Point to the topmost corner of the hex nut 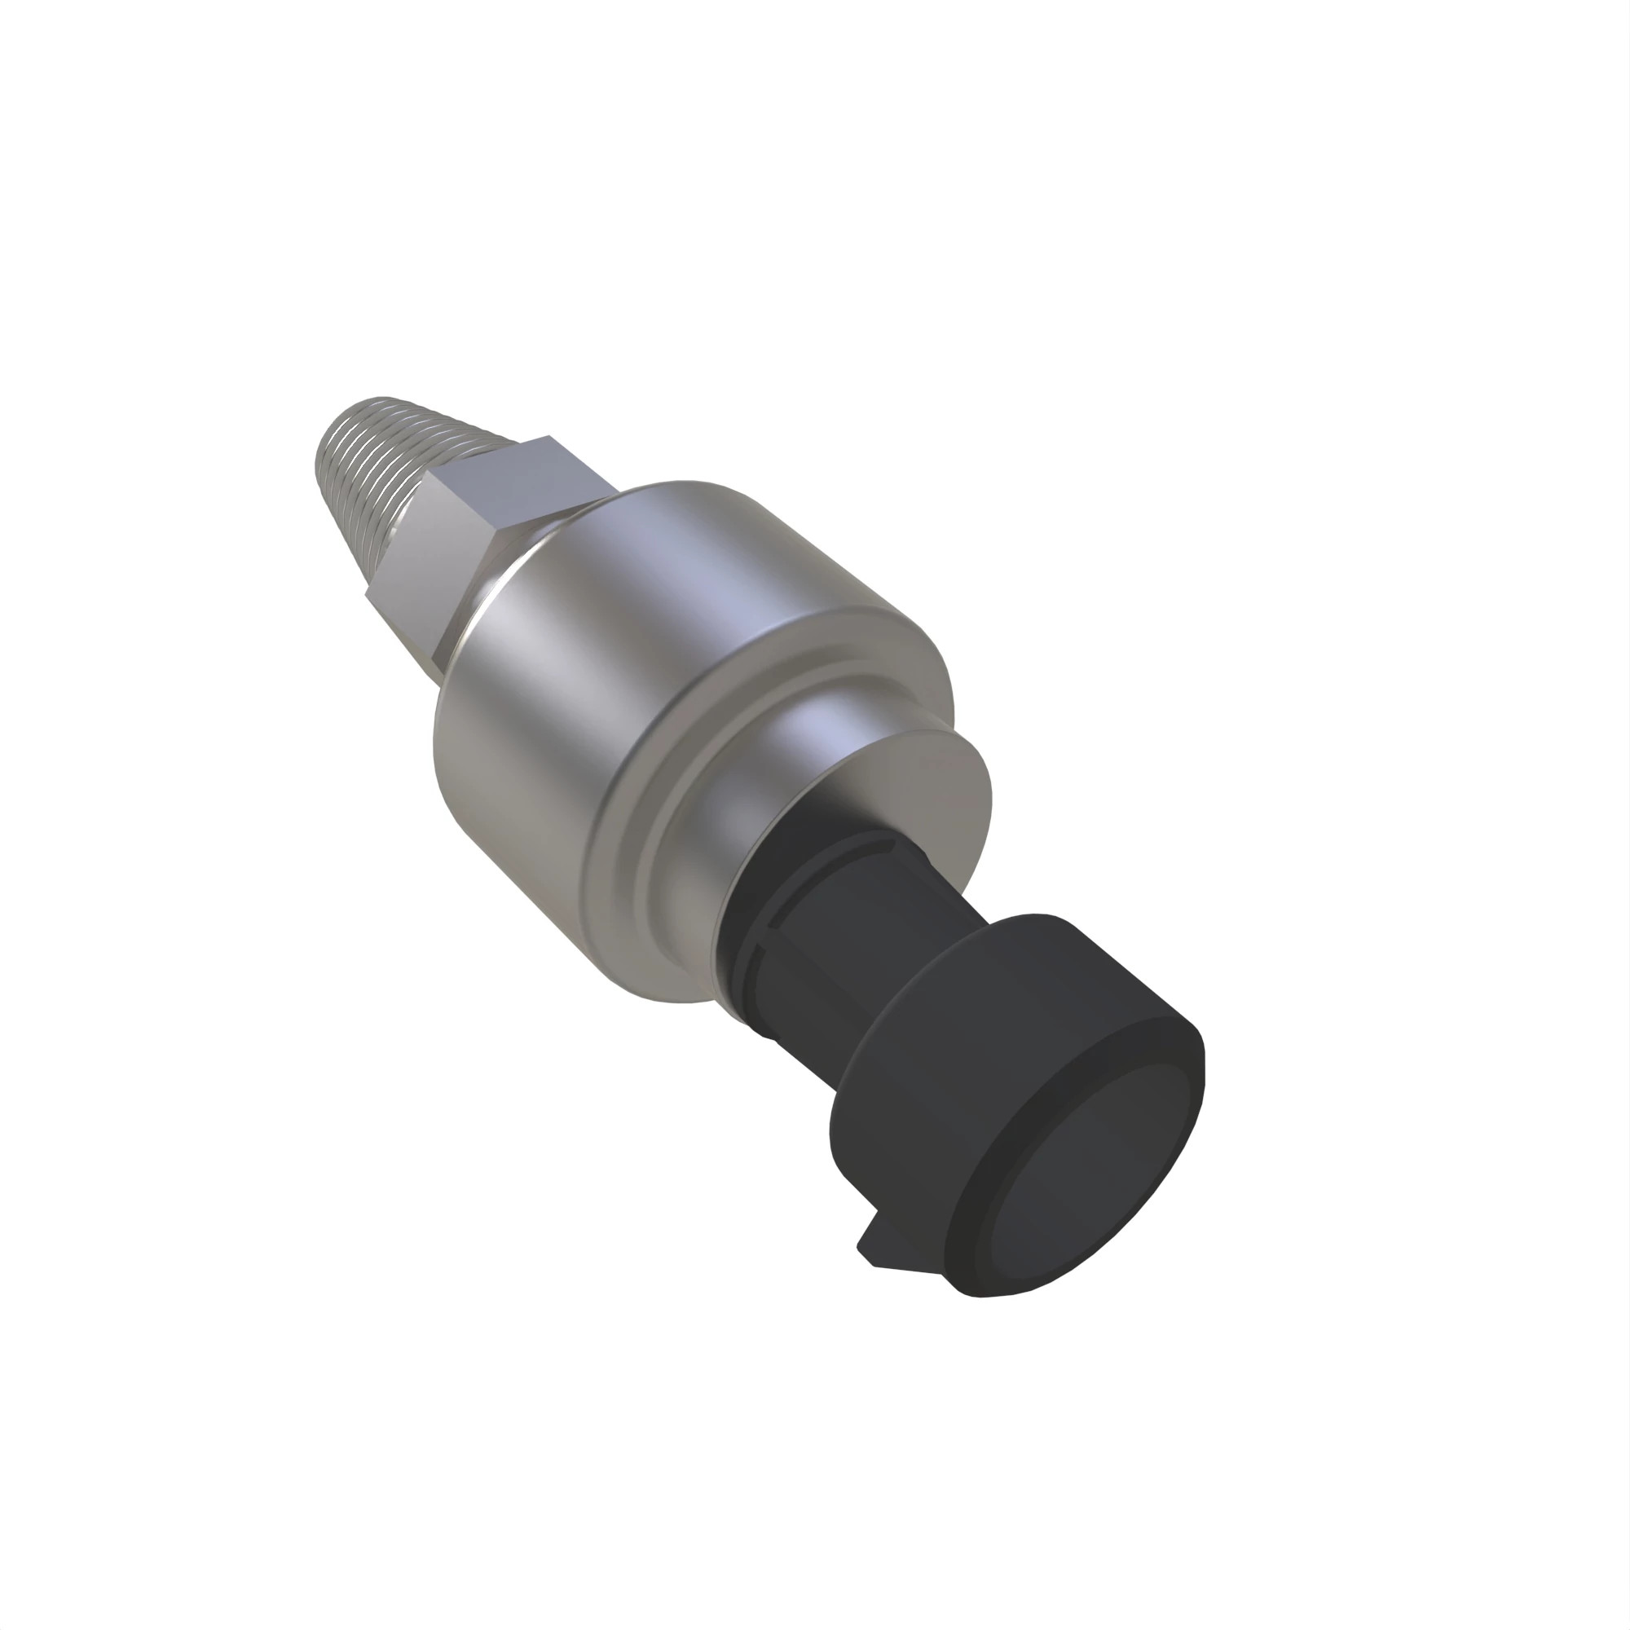(x=549, y=437)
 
